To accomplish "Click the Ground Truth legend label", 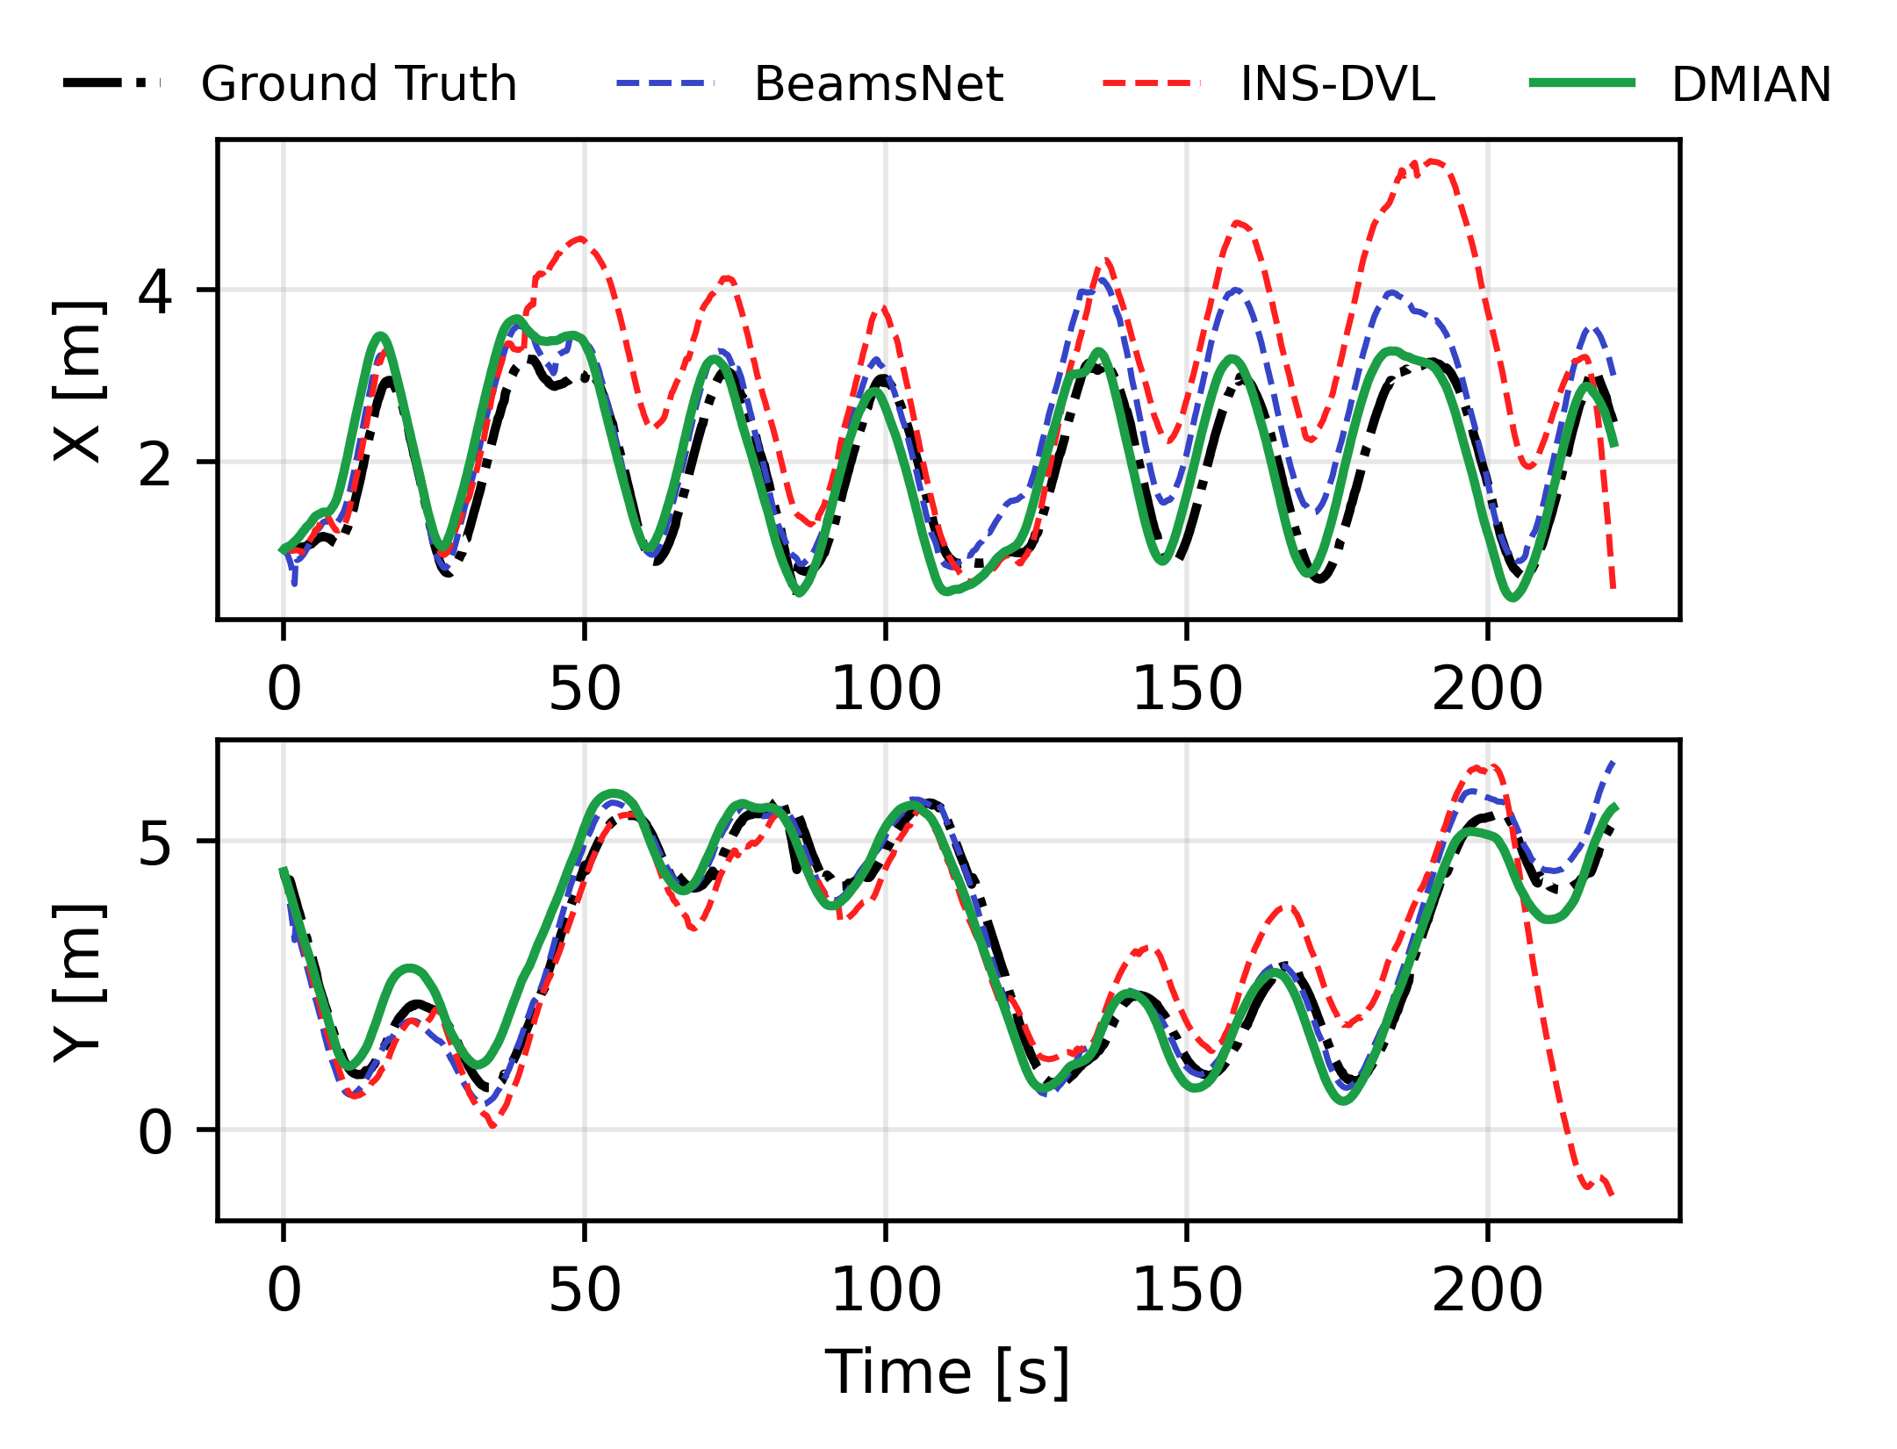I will coord(358,84).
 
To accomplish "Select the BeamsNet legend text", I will coord(878,84).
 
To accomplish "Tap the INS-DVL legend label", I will coord(1337,84).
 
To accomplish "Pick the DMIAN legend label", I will coord(1751,84).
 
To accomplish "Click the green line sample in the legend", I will coord(1582,83).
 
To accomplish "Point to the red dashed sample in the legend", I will coord(1151,83).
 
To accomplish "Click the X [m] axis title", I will coord(79,379).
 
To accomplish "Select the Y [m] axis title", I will coord(79,981).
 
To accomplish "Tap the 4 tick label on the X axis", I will coord(155,291).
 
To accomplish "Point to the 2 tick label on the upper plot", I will coord(155,463).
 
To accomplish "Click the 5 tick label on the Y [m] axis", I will coord(155,843).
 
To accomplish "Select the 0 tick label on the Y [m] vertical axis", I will coord(155,1131).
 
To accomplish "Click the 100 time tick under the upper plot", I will coord(886,689).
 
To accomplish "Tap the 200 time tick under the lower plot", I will coord(1487,1290).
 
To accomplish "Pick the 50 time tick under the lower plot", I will coord(585,1290).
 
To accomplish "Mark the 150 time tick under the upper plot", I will coord(1187,689).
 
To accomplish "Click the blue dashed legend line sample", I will coord(665,83).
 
